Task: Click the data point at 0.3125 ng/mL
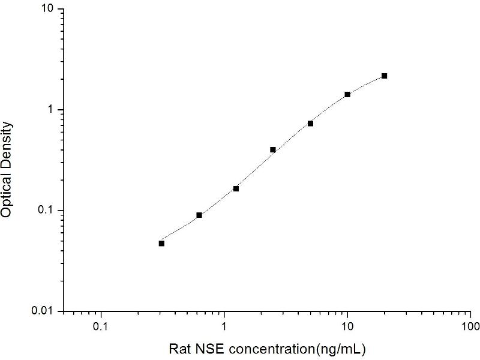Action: click(161, 243)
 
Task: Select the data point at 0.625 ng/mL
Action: click(199, 215)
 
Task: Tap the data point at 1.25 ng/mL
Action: click(236, 188)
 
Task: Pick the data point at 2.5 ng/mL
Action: click(273, 149)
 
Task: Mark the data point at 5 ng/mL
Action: click(310, 123)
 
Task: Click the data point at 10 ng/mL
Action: click(347, 94)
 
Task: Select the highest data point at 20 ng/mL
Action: click(384, 76)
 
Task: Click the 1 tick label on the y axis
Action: click(51, 110)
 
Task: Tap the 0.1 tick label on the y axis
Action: click(45, 211)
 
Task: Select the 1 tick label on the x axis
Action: click(224, 328)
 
